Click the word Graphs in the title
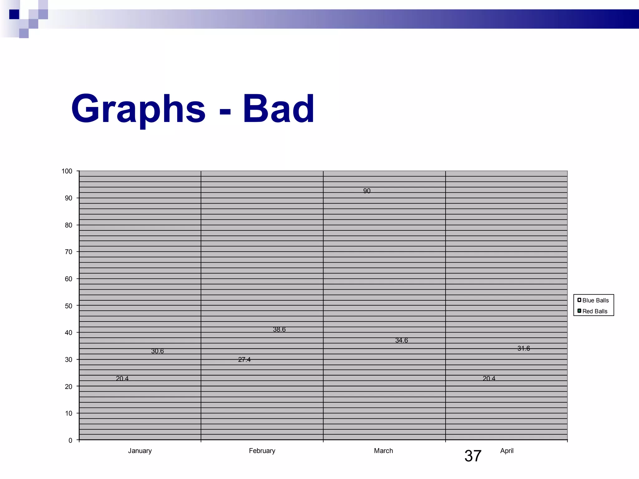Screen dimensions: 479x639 (138, 109)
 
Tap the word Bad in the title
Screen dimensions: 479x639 (279, 109)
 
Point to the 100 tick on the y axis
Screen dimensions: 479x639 (67, 171)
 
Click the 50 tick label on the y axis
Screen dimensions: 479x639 (68, 306)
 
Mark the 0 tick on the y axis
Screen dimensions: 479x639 (70, 440)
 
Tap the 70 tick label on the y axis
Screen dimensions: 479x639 (68, 252)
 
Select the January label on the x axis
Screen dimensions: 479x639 (140, 451)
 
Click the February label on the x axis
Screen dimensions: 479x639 (262, 451)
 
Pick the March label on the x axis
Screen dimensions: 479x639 (383, 451)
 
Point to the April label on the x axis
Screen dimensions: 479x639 (507, 451)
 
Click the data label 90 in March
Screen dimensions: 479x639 (367, 191)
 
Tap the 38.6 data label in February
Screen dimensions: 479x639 (279, 329)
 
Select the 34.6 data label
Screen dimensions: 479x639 (402, 340)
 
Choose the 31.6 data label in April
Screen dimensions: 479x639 (524, 348)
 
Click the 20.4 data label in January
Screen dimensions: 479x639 (122, 379)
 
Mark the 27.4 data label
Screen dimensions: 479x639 (244, 360)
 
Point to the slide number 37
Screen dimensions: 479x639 (473, 456)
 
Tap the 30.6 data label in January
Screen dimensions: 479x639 (157, 351)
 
